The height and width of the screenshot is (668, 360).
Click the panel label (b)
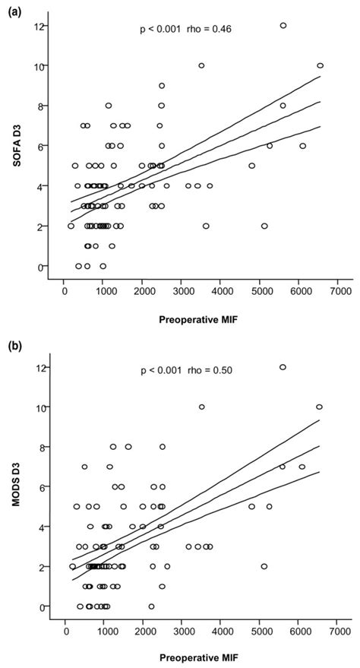pos(11,347)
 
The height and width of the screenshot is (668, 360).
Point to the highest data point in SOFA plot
pos(283,25)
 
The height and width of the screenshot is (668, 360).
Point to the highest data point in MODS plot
pos(283,367)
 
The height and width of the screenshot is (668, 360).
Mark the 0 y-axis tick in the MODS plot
pos(39,606)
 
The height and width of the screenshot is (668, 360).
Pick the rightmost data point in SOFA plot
pos(320,65)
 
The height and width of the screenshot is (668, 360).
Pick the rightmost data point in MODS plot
pos(319,407)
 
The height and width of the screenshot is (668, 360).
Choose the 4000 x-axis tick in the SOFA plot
pos(221,290)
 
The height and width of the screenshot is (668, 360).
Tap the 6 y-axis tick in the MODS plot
pos(39,487)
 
